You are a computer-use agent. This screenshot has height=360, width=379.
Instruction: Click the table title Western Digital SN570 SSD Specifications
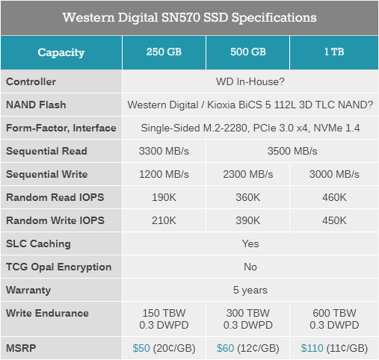pyautogui.click(x=189, y=17)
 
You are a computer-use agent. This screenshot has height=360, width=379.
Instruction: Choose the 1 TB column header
pyautogui.click(x=334, y=53)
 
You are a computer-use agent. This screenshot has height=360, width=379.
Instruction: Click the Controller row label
pyautogui.click(x=31, y=81)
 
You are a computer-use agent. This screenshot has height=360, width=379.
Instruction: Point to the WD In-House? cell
pyautogui.click(x=250, y=81)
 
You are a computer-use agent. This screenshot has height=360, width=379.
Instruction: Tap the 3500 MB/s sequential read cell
pyautogui.click(x=292, y=151)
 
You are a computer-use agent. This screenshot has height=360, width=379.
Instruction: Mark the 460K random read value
pyautogui.click(x=334, y=197)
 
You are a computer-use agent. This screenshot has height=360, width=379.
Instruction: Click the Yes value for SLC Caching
pyautogui.click(x=250, y=243)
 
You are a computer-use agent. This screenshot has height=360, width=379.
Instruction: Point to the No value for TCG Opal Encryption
pyautogui.click(x=250, y=267)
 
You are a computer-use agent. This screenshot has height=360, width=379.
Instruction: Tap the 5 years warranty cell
pyautogui.click(x=250, y=290)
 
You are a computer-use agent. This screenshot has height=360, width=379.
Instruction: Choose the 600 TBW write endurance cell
pyautogui.click(x=334, y=318)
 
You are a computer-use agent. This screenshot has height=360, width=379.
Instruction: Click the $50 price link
pyautogui.click(x=141, y=348)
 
